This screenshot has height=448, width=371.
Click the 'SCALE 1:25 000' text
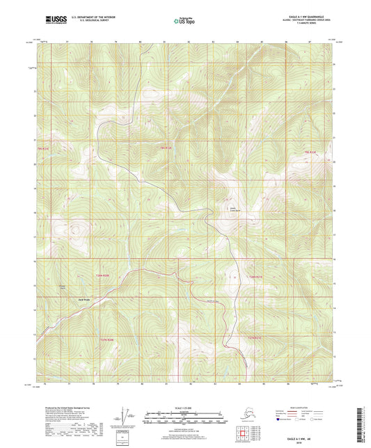[x=185, y=408]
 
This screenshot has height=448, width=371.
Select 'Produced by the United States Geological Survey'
[x=62, y=408]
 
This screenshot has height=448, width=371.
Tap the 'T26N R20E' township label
[x=102, y=276]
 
